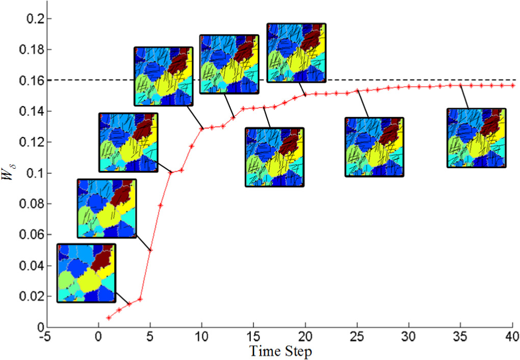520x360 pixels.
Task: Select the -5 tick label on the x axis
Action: [x=46, y=337]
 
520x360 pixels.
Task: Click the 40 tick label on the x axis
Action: [x=511, y=337]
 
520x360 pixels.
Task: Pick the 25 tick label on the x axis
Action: [x=357, y=337]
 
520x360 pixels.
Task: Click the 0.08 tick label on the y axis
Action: [x=34, y=204]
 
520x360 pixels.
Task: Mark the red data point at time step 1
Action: [x=109, y=318]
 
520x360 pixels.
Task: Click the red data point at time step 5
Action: [x=150, y=250]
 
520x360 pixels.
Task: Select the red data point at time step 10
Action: [x=201, y=128]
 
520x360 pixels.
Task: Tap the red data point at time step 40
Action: [x=511, y=85]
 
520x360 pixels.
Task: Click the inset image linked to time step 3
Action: [x=86, y=273]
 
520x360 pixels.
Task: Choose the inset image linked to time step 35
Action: [x=476, y=138]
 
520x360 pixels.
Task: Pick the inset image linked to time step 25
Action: [x=374, y=147]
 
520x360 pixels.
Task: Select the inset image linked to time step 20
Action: [x=296, y=53]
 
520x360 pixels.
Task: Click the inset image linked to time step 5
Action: [x=107, y=208]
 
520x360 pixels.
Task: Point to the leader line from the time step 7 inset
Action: [x=164, y=167]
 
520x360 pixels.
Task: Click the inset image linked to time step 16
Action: [x=274, y=157]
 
